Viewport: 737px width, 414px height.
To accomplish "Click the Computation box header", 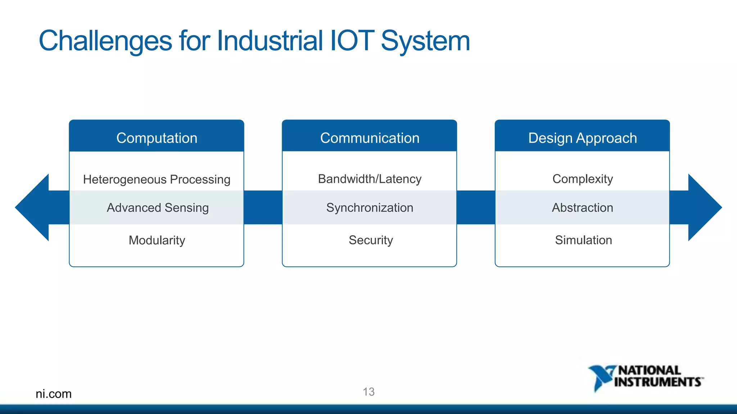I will pos(157,138).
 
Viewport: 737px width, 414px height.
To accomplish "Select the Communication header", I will pos(370,138).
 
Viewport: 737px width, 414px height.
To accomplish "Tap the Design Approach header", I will pos(582,138).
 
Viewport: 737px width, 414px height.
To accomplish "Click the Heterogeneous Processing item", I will pos(157,179).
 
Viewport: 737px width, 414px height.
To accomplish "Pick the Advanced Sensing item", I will pos(158,208).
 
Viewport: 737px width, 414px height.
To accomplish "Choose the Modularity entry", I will pos(157,240).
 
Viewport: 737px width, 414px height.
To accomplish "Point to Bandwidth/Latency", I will pos(370,179).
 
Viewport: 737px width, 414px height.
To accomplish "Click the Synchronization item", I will pos(370,208).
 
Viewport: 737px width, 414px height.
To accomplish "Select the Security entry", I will pos(371,240).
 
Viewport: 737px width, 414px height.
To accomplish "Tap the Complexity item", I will pos(582,179).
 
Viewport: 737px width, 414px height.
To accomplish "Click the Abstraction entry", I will pos(582,208).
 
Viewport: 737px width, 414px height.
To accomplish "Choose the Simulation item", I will pos(583,240).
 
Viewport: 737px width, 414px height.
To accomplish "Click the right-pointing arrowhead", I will pos(704,207).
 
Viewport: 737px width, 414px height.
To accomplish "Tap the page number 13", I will pos(368,392).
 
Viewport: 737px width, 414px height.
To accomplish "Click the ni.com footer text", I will pos(54,394).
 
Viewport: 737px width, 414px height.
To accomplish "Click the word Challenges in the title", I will pos(105,41).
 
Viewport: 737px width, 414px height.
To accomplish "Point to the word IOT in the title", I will pos(352,40).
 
